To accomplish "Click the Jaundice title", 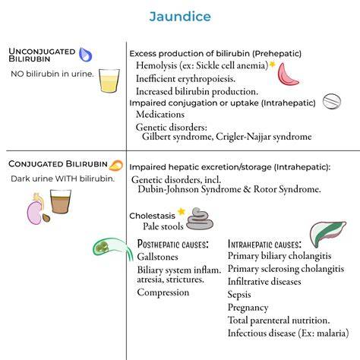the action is click(x=180, y=17).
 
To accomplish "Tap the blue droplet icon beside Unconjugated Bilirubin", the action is click(x=85, y=55).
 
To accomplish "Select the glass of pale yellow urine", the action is click(x=109, y=81).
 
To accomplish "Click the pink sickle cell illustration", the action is click(x=287, y=74).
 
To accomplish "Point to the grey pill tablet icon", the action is click(x=332, y=101).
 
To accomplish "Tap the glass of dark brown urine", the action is click(x=61, y=201).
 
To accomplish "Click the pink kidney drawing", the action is click(x=35, y=212).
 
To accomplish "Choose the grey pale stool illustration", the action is click(x=200, y=219).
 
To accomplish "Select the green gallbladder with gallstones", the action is click(x=112, y=248).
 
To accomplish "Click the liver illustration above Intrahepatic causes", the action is click(x=327, y=233).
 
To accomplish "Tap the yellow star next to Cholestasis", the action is click(x=182, y=211).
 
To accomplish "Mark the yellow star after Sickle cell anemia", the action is click(x=272, y=65).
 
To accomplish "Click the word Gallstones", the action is click(x=157, y=257).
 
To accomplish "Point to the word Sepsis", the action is click(x=239, y=295).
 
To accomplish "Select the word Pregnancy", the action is click(x=248, y=308).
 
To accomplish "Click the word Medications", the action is click(x=160, y=115).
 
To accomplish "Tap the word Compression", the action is click(x=163, y=292).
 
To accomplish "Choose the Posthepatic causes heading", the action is click(x=173, y=244).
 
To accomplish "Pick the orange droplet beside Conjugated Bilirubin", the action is click(x=116, y=166).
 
